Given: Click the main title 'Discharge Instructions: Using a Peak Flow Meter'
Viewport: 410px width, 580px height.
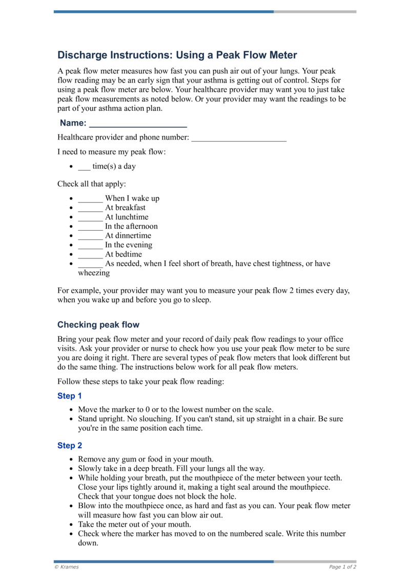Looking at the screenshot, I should [x=177, y=55].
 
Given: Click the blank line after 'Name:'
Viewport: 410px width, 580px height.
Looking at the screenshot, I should [x=137, y=124].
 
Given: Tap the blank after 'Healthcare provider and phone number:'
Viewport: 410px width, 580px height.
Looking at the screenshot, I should [x=238, y=138].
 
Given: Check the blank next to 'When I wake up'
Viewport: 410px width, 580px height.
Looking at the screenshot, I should [x=90, y=198].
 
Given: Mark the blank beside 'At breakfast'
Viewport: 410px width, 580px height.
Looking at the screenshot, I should [x=90, y=208].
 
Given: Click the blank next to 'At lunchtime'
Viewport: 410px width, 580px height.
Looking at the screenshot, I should [x=90, y=217].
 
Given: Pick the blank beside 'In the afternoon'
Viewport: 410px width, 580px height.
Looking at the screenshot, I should [x=90, y=226].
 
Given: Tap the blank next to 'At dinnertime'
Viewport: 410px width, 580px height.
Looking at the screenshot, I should [x=90, y=235].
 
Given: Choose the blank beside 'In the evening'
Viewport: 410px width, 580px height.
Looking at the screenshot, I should [x=90, y=245].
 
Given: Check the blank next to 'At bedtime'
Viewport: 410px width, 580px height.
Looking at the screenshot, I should [x=90, y=254].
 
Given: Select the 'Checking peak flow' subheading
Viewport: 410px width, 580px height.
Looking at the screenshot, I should [x=98, y=325].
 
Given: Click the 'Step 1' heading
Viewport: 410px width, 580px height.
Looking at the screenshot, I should [x=70, y=396].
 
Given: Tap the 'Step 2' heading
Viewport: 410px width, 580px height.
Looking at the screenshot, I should [x=70, y=446].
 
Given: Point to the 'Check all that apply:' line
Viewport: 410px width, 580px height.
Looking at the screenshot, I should [x=91, y=183].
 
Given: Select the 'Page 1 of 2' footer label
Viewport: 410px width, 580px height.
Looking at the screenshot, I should [x=342, y=567].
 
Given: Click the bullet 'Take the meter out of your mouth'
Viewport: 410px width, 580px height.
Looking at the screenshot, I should [x=134, y=524].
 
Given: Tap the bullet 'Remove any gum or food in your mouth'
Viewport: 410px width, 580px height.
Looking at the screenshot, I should [x=146, y=459].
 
